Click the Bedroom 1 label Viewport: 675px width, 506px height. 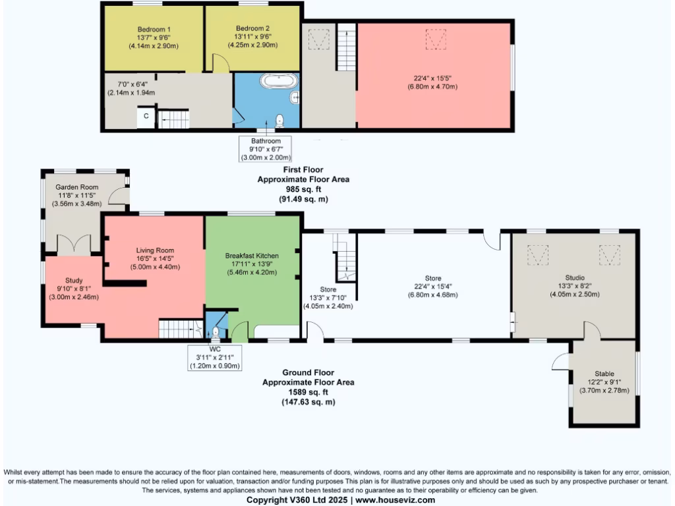[x=154, y=29]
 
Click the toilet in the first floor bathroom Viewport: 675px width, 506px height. [x=280, y=119]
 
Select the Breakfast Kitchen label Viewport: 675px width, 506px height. [x=252, y=256]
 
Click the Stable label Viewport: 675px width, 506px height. [x=604, y=374]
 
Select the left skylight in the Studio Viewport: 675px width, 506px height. [x=539, y=254]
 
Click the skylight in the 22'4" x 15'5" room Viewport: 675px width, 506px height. [x=434, y=39]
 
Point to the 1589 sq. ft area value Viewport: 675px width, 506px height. [x=308, y=392]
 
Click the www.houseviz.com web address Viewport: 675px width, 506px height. [x=396, y=500]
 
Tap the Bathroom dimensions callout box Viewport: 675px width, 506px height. [x=266, y=149]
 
